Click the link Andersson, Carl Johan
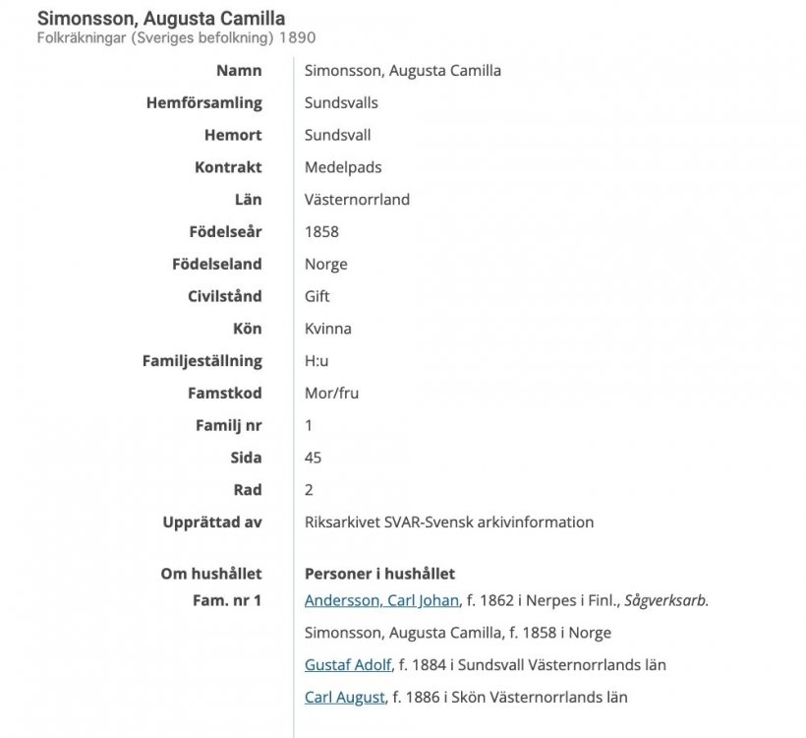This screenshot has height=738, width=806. click(381, 600)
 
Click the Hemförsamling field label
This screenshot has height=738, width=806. click(203, 102)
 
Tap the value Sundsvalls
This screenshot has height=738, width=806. click(341, 102)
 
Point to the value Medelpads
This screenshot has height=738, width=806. click(343, 167)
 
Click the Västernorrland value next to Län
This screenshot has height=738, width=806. click(357, 200)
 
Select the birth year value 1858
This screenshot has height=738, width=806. click(321, 232)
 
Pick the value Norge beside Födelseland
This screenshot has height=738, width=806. click(325, 264)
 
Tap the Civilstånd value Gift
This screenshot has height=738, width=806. click(317, 296)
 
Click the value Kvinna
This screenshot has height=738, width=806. click(327, 329)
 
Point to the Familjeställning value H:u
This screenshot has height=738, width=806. click(317, 361)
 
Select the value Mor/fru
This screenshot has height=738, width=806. click(331, 394)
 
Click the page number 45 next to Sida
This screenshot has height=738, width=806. click(314, 458)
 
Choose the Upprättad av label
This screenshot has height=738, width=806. click(212, 523)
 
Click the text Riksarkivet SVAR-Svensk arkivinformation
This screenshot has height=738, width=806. click(449, 523)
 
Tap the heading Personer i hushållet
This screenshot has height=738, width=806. click(379, 574)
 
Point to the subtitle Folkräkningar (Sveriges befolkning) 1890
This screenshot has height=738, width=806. click(176, 37)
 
